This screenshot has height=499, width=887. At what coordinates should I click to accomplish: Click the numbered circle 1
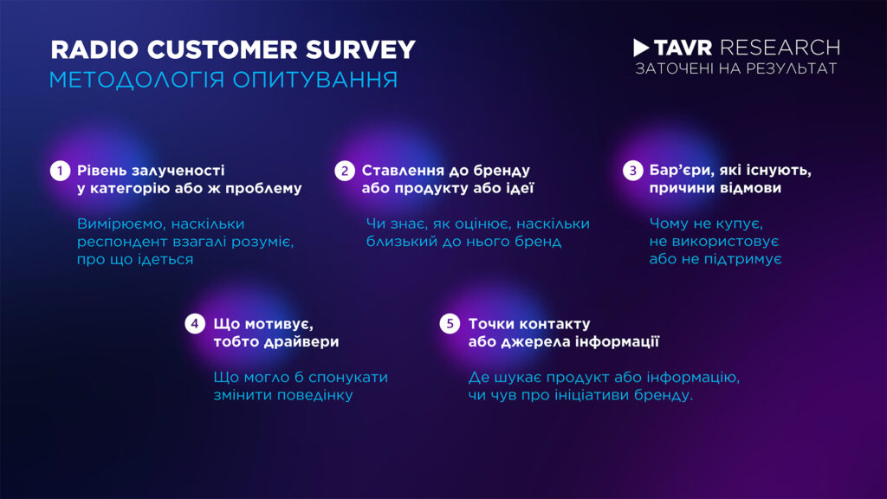click(59, 171)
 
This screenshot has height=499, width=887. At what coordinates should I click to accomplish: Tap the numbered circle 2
click(345, 171)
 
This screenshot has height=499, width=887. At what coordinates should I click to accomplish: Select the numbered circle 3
click(631, 171)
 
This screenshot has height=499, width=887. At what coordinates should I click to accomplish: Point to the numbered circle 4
click(195, 324)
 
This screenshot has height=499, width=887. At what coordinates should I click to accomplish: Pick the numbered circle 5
click(449, 324)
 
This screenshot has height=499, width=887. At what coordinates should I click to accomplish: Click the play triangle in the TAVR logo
click(642, 47)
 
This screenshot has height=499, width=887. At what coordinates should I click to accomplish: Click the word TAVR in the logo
click(683, 47)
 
